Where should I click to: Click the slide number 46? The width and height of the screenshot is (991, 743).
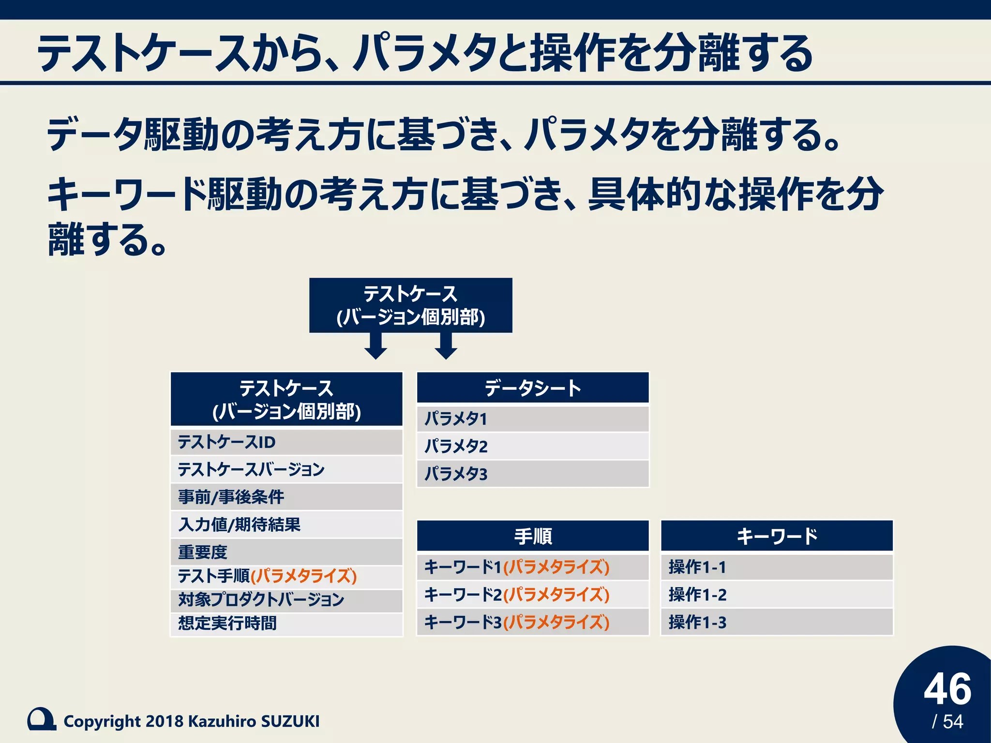947,689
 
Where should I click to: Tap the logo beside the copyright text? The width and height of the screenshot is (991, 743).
42,719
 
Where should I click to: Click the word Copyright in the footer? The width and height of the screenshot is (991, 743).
102,721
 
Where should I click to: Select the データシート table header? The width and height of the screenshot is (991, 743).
532,388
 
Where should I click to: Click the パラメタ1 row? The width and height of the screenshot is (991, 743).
532,418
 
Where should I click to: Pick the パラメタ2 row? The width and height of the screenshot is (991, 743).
532,446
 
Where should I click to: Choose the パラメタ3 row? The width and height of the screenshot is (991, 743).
532,474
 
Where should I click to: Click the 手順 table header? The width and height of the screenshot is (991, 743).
532,536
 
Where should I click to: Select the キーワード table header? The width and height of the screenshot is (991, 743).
777,536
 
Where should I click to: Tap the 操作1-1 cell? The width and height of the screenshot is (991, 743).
777,567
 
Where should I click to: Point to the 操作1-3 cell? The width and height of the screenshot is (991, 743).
777,622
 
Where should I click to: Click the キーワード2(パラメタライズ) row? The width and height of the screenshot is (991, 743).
532,594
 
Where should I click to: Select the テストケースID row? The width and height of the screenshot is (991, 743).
286,442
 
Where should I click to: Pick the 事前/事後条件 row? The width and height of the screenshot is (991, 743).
286,497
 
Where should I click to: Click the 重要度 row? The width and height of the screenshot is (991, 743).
286,551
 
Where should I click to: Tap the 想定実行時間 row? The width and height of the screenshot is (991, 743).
286,623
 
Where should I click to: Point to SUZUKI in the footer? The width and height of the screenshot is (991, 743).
290,721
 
